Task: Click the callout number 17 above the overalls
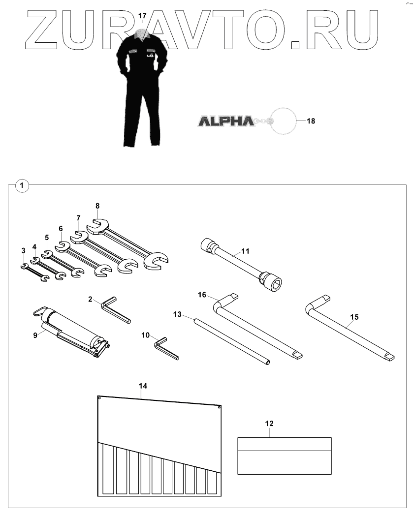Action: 142,16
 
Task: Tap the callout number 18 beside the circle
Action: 311,120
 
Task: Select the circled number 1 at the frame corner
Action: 22,185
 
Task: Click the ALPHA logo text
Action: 224,120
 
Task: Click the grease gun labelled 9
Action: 74,330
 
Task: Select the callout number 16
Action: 202,295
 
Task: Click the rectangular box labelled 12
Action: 285,456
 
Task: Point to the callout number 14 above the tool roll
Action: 143,386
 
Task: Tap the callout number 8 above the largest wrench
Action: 97,206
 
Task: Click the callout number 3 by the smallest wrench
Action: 23,251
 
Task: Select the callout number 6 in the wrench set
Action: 61,229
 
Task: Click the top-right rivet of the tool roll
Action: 219,407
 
